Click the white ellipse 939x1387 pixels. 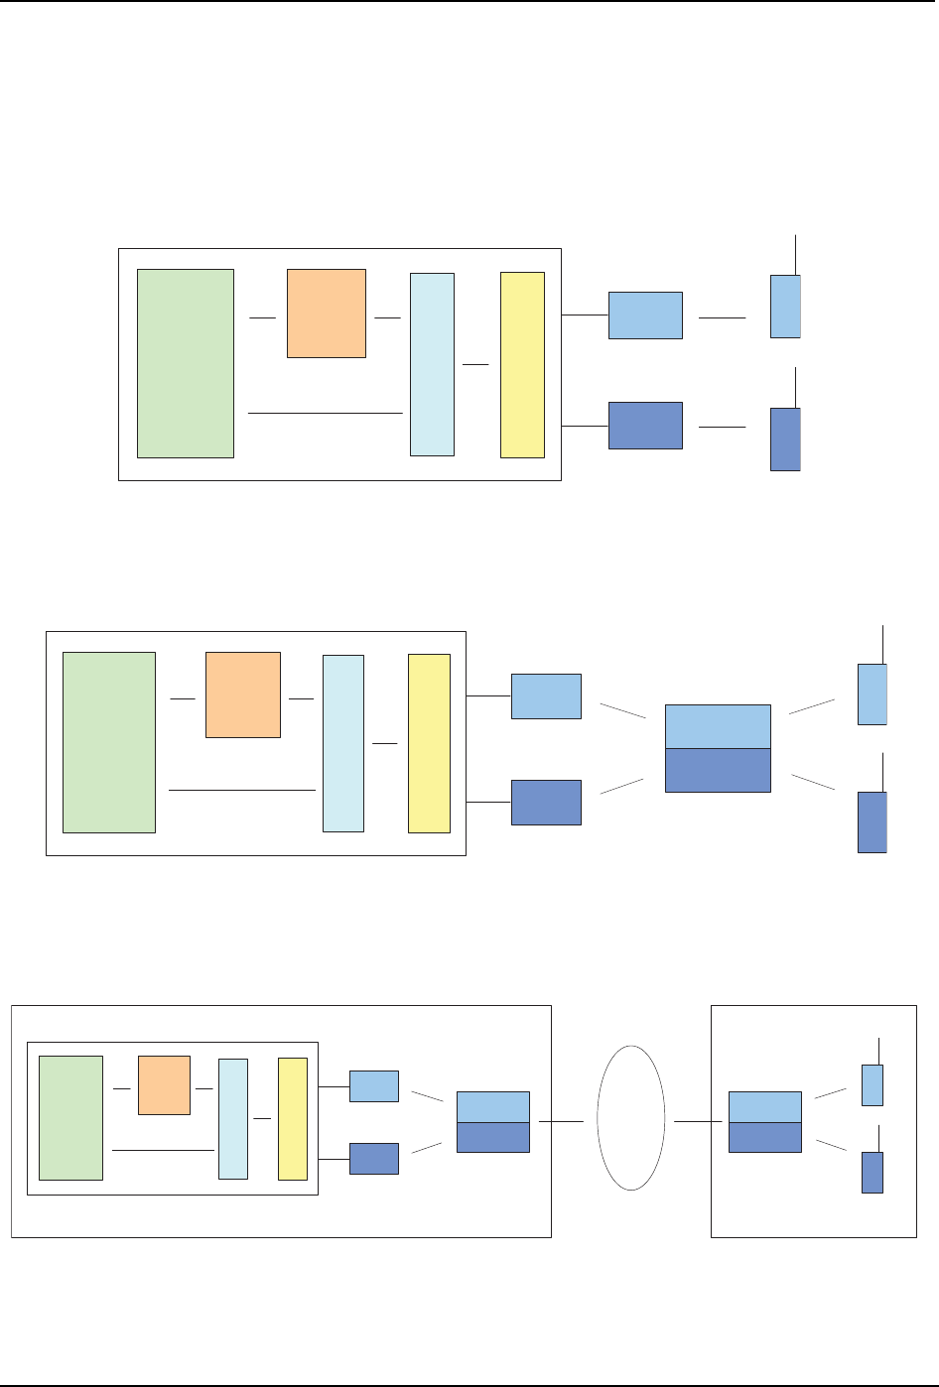[x=631, y=1118]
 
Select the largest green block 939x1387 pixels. [x=186, y=363]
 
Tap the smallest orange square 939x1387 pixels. [x=164, y=1085]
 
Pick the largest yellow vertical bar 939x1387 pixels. [x=522, y=364]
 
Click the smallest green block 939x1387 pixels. [x=70, y=1117]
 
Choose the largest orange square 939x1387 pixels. [x=327, y=313]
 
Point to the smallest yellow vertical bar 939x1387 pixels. [x=293, y=1118]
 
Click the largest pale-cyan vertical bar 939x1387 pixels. [x=432, y=364]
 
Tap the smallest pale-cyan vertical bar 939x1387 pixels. [x=233, y=1118]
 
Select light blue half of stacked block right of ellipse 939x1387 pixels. [x=764, y=1106]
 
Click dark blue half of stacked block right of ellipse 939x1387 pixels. [x=764, y=1137]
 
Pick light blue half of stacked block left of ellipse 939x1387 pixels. [x=492, y=1106]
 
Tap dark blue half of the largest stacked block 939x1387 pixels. [x=718, y=770]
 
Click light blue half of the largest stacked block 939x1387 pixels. [x=718, y=726]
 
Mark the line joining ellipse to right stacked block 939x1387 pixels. [x=697, y=1122]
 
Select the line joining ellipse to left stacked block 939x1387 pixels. [x=561, y=1122]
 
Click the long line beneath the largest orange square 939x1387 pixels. [x=325, y=412]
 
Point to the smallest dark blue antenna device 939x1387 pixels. [x=872, y=1172]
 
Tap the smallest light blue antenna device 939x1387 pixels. [x=872, y=1084]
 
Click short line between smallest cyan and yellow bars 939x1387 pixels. [x=262, y=1118]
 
